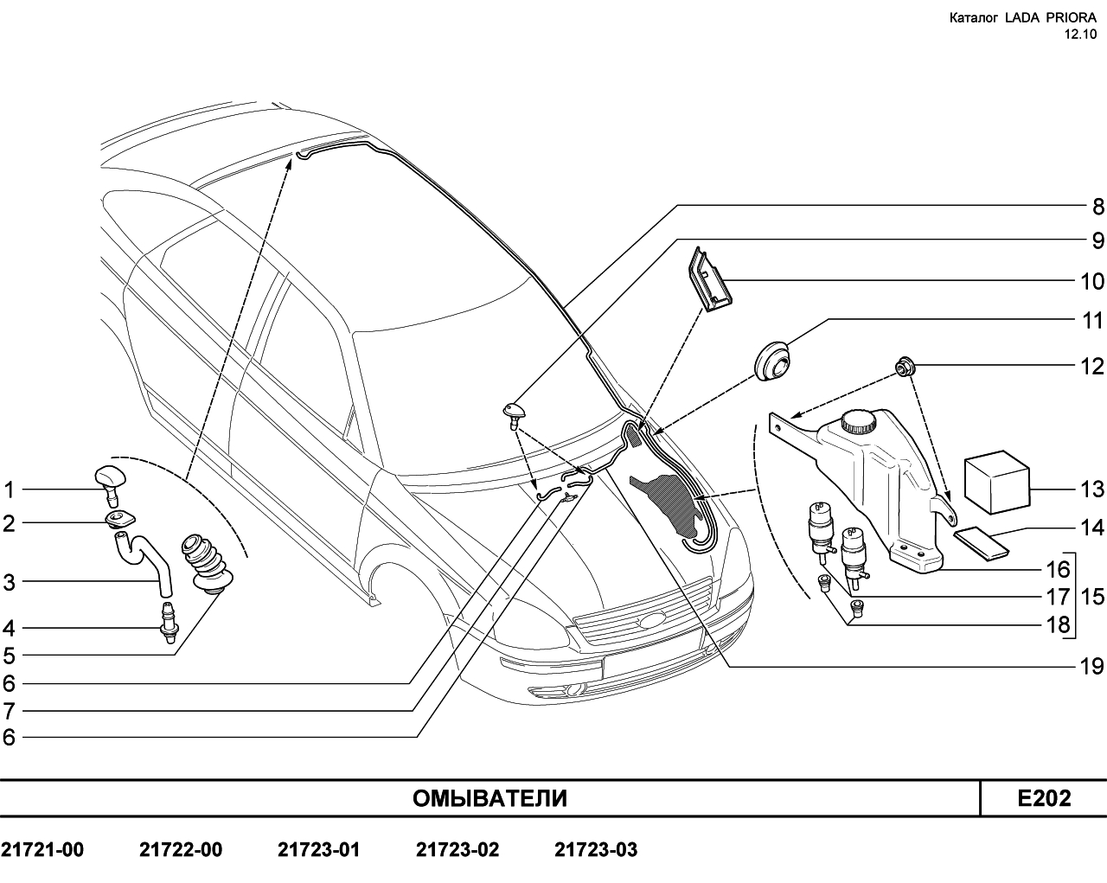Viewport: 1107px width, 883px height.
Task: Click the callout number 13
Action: [x=1091, y=489]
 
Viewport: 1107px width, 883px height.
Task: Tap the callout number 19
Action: [x=1091, y=667]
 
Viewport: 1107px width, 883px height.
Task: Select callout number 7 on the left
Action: [x=9, y=711]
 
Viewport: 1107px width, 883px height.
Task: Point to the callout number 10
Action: [x=1091, y=281]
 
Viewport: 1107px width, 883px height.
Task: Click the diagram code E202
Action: [x=1044, y=798]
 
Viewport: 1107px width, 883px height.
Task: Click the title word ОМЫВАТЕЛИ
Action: [x=490, y=798]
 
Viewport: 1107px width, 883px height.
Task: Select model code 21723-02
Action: [x=458, y=849]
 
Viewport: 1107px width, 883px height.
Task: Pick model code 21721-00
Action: [x=42, y=849]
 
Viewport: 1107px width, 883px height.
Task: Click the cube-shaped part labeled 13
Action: [x=997, y=483]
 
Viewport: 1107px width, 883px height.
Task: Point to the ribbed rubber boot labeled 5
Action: [x=207, y=565]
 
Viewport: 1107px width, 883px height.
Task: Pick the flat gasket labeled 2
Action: [x=119, y=519]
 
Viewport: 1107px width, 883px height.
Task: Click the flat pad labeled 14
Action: [x=982, y=544]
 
